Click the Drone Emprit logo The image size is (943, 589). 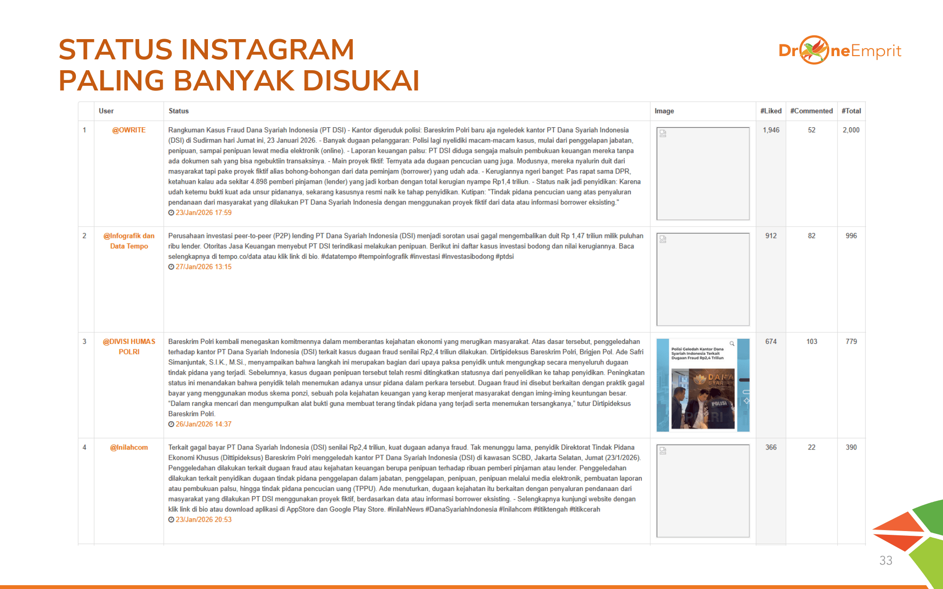(840, 50)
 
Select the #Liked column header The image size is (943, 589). (770, 111)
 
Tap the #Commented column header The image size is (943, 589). (811, 111)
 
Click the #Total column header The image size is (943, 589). (851, 111)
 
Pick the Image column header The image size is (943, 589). (664, 111)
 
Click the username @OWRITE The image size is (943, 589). (129, 130)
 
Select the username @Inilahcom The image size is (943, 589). (129, 447)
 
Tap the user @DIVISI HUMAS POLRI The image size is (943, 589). (129, 346)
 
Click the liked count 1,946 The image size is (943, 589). (771, 130)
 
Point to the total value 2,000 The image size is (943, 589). (851, 130)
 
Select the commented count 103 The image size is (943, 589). (811, 342)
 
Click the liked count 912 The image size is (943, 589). (771, 236)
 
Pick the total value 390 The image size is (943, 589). (851, 447)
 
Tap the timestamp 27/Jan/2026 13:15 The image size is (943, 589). (203, 267)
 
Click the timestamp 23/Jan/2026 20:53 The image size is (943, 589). (203, 520)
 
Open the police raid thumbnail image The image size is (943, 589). (703, 384)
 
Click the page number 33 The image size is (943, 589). (885, 560)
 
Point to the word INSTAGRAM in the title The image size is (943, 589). (267, 49)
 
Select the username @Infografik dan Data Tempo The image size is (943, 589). (129, 241)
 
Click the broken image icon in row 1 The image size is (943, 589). (663, 133)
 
